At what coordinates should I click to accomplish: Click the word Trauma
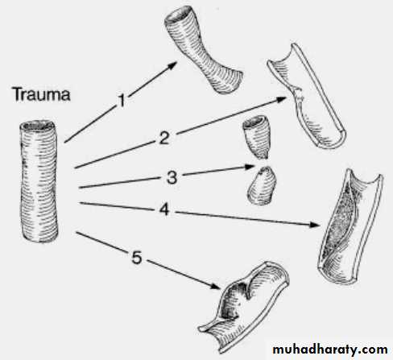[42, 94]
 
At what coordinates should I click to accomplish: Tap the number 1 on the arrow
[122, 101]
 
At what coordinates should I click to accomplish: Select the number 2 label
[164, 138]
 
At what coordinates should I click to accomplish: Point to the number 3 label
[172, 177]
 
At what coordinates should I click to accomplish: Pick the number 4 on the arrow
[164, 209]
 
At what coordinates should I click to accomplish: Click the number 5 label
[137, 258]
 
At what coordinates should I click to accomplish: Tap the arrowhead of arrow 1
[172, 65]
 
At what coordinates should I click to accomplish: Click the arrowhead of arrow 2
[281, 100]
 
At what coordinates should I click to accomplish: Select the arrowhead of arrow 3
[249, 167]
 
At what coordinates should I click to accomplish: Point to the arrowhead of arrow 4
[315, 225]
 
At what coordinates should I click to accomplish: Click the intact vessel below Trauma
[39, 182]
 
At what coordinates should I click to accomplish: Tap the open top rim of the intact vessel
[38, 126]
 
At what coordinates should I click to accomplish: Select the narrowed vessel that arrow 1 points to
[203, 50]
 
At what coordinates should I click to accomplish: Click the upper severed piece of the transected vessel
[256, 137]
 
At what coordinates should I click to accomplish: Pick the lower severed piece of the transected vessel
[262, 186]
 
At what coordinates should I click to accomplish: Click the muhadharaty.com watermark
[330, 350]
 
